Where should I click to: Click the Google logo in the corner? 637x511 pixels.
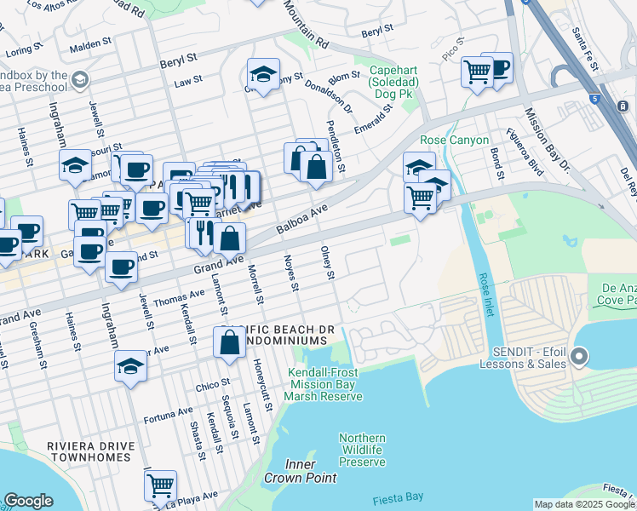click(28, 501)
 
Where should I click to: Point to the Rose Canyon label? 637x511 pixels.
click(454, 140)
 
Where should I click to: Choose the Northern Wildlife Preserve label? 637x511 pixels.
click(362, 450)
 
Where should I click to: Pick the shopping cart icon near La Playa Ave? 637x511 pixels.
click(160, 485)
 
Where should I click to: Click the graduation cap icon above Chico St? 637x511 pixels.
click(130, 366)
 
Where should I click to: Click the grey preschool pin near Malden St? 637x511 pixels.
click(80, 80)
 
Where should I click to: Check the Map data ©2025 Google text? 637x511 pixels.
click(583, 504)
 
